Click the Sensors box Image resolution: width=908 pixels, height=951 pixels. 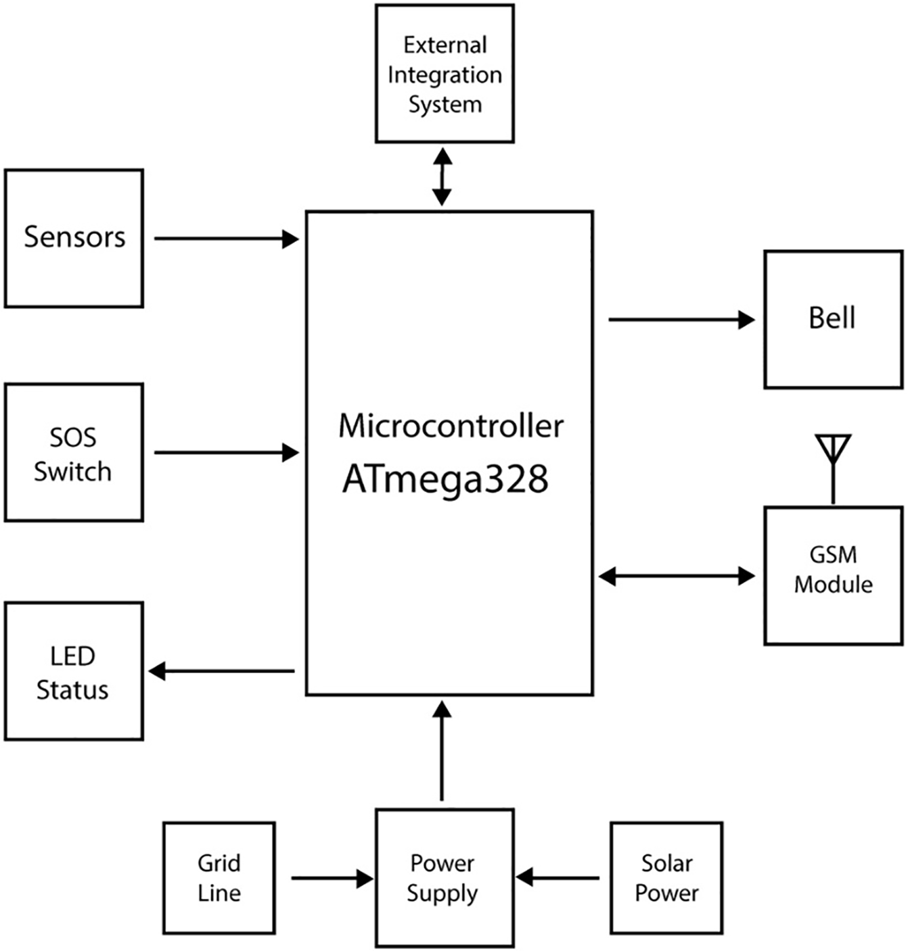pos(74,238)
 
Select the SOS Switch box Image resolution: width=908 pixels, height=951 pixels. pos(74,452)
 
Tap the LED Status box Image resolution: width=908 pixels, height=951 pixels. pos(74,671)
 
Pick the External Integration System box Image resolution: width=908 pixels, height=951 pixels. pos(445,74)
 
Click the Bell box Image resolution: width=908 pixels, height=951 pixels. pos(833,319)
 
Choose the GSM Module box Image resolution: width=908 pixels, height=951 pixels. pos(833,576)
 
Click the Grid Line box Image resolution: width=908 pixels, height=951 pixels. pos(219,878)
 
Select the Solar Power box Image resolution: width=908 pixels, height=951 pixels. pos(666,878)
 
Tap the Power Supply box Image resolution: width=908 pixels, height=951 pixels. pos(445,878)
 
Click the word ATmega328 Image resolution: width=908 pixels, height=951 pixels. pos(445,479)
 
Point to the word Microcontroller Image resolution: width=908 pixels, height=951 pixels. pos(451,426)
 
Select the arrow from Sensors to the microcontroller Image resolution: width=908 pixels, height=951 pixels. pos(226,239)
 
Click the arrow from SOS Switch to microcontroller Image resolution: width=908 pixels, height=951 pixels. pos(226,452)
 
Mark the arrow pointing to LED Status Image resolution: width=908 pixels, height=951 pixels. pos(222,671)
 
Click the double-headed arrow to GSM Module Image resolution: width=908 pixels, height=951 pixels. pos(677,577)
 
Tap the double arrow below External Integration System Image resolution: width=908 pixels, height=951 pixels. pos(442,177)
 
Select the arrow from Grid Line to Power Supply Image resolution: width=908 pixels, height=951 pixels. pos(332,879)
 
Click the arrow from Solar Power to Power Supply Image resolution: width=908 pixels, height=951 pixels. pos(558,878)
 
